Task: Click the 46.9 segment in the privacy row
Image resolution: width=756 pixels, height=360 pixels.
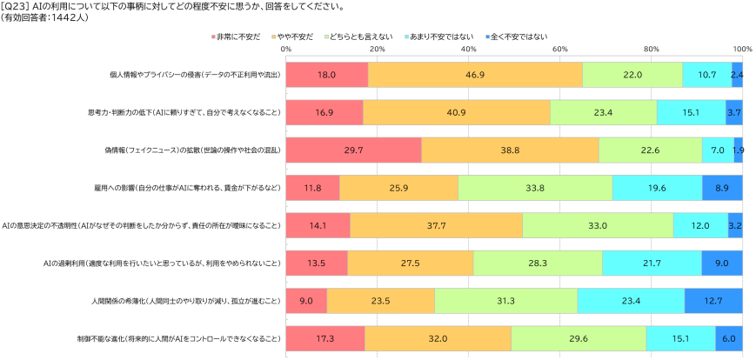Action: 475,75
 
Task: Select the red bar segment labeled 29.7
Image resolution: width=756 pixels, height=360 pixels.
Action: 354,150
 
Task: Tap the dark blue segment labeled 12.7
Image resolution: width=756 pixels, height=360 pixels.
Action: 713,301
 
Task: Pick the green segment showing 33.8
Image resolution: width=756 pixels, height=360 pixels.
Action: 535,188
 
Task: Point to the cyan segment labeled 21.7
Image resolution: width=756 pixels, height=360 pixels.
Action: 652,263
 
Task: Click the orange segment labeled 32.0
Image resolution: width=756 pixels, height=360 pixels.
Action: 438,339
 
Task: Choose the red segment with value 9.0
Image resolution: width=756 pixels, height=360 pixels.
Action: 306,301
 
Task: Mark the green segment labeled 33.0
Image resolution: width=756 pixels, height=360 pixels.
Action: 598,225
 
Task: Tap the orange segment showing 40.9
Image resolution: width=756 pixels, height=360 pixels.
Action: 457,112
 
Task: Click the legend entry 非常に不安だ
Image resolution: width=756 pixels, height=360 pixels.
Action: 236,37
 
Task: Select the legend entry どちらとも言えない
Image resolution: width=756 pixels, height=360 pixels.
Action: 358,37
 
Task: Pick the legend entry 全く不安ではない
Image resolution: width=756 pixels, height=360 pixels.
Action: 517,37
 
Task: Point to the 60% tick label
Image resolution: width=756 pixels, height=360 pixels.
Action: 559,49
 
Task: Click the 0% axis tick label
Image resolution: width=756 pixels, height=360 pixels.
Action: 286,49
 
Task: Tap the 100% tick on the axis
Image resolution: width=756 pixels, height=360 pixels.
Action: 742,49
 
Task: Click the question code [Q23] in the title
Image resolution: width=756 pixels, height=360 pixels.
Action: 15,7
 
